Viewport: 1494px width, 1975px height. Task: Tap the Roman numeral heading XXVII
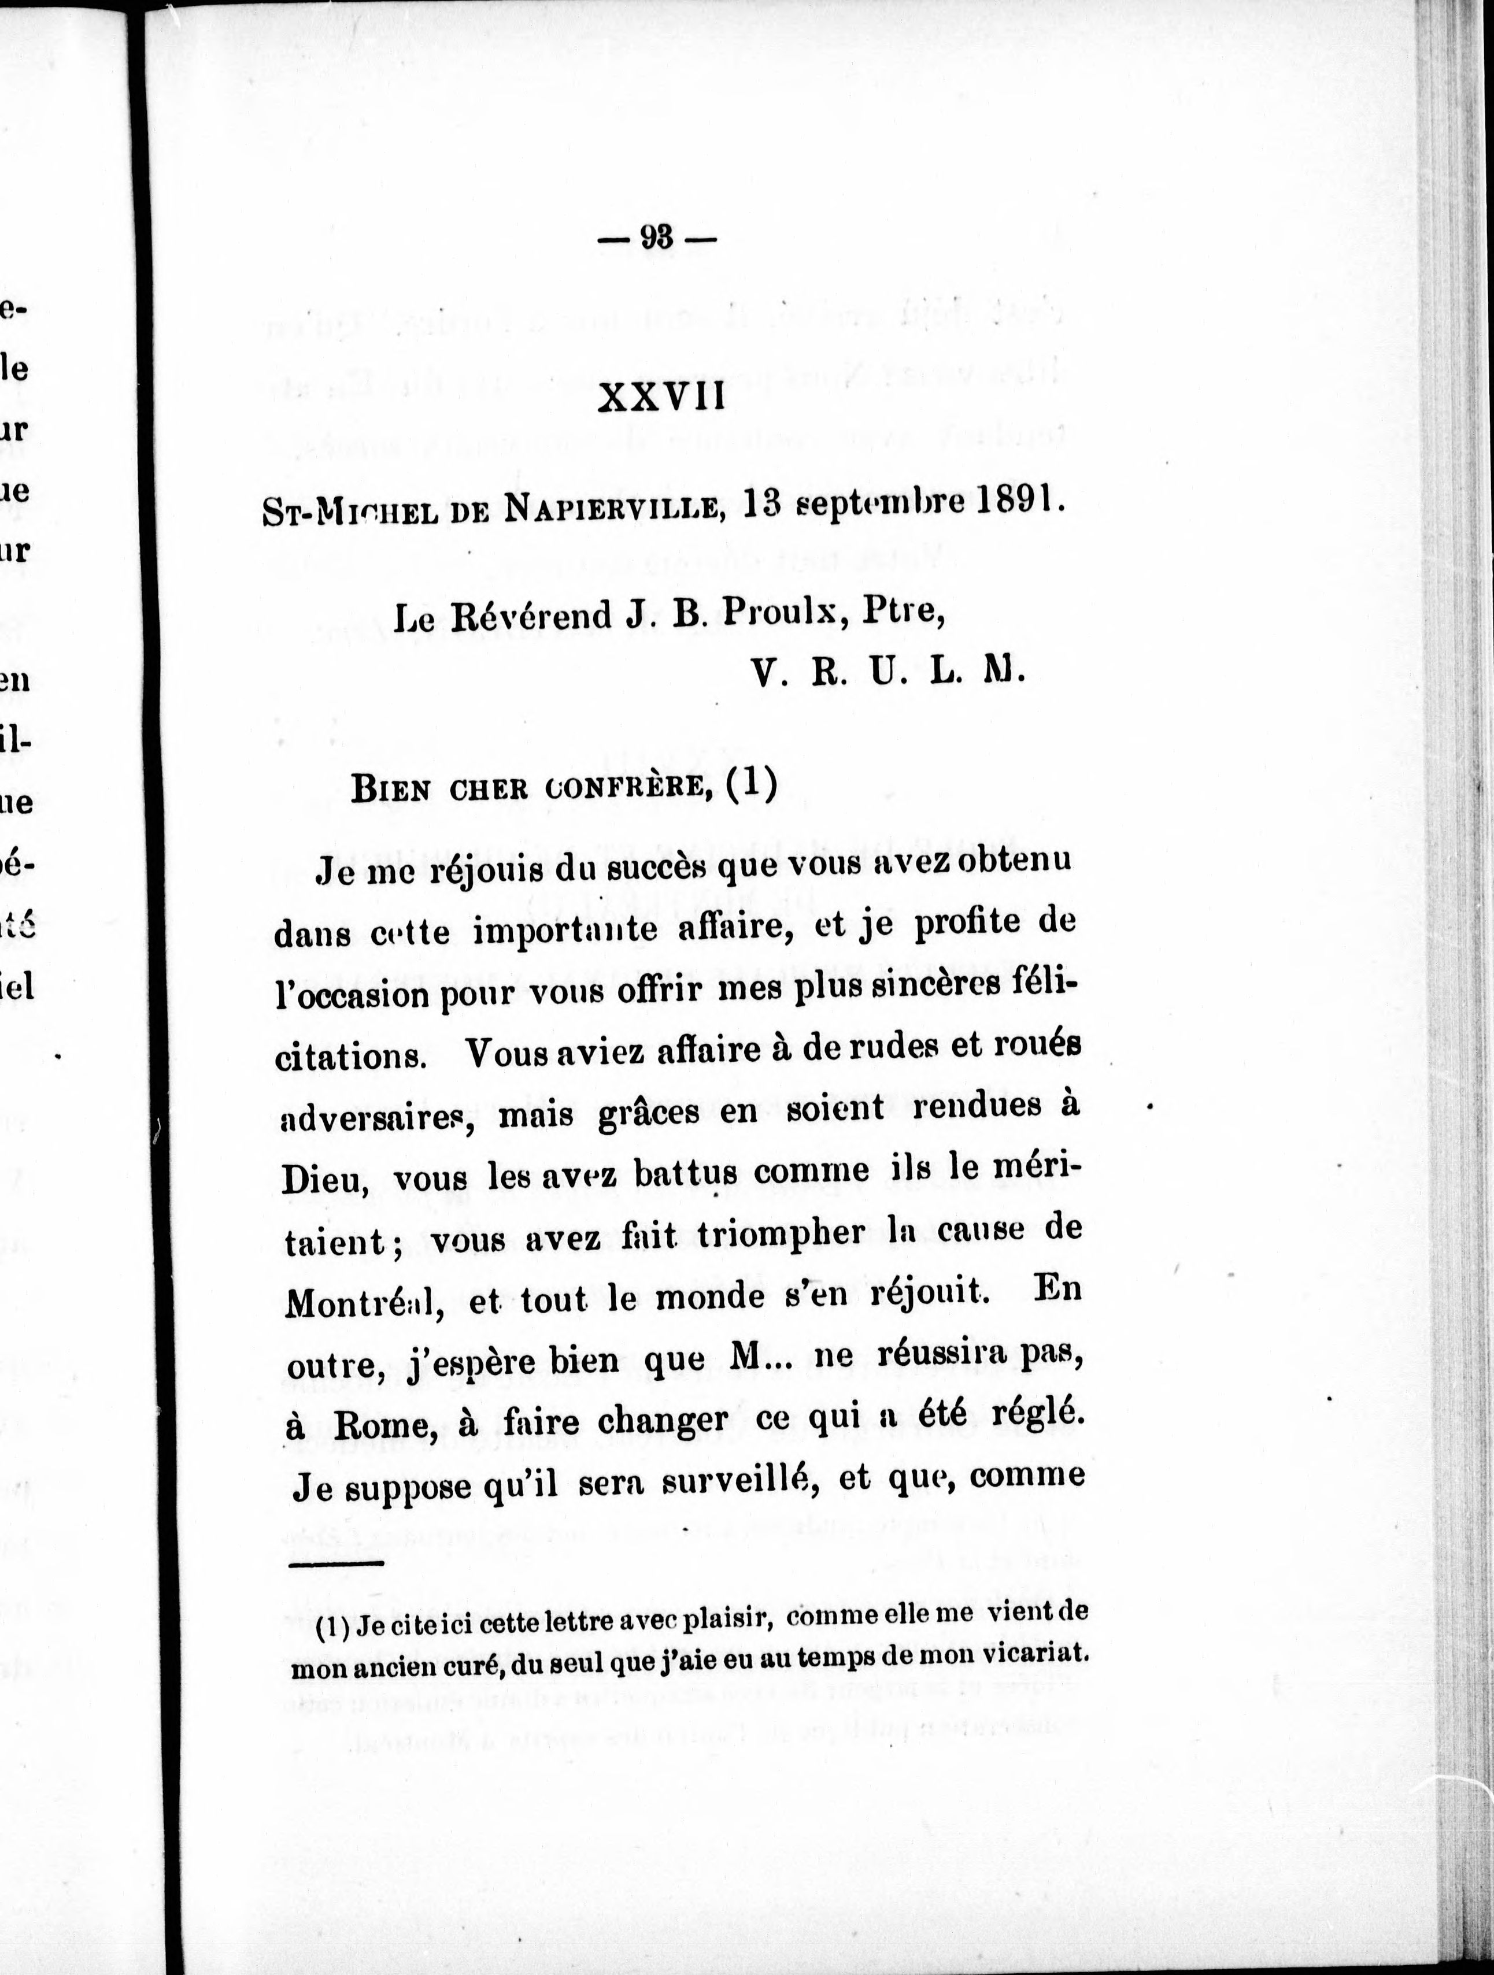[x=661, y=397]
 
